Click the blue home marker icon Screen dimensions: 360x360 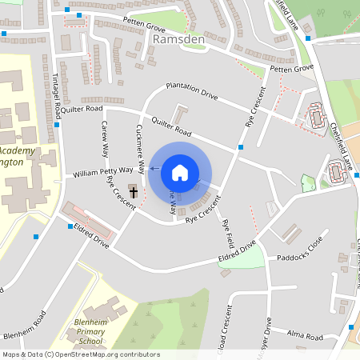coord(179,173)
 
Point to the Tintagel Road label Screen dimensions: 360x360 coord(56,95)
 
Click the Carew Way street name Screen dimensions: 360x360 coord(104,138)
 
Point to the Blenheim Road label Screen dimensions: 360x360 coord(27,332)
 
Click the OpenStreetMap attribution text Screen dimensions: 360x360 coord(81,354)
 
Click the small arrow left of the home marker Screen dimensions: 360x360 coord(152,170)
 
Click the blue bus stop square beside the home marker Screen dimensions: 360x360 coord(241,147)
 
